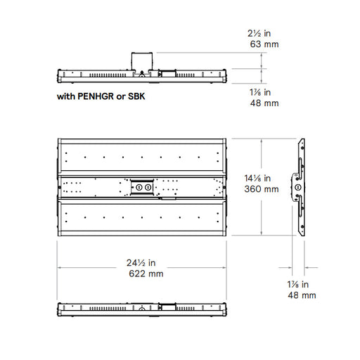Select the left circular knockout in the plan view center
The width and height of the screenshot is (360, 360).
tap(139, 187)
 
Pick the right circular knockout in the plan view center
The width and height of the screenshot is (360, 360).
tap(148, 187)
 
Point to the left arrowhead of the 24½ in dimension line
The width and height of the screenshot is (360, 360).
tap(59, 267)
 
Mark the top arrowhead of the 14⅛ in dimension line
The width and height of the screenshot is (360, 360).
tap(262, 140)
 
